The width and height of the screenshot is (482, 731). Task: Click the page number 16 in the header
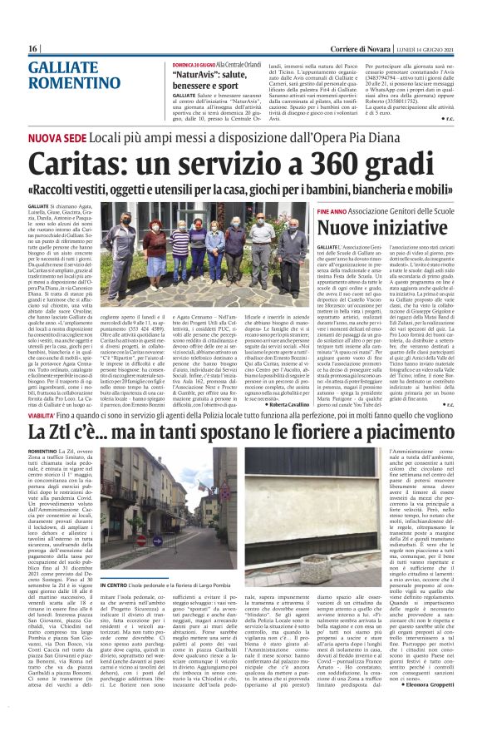tap(32, 48)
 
